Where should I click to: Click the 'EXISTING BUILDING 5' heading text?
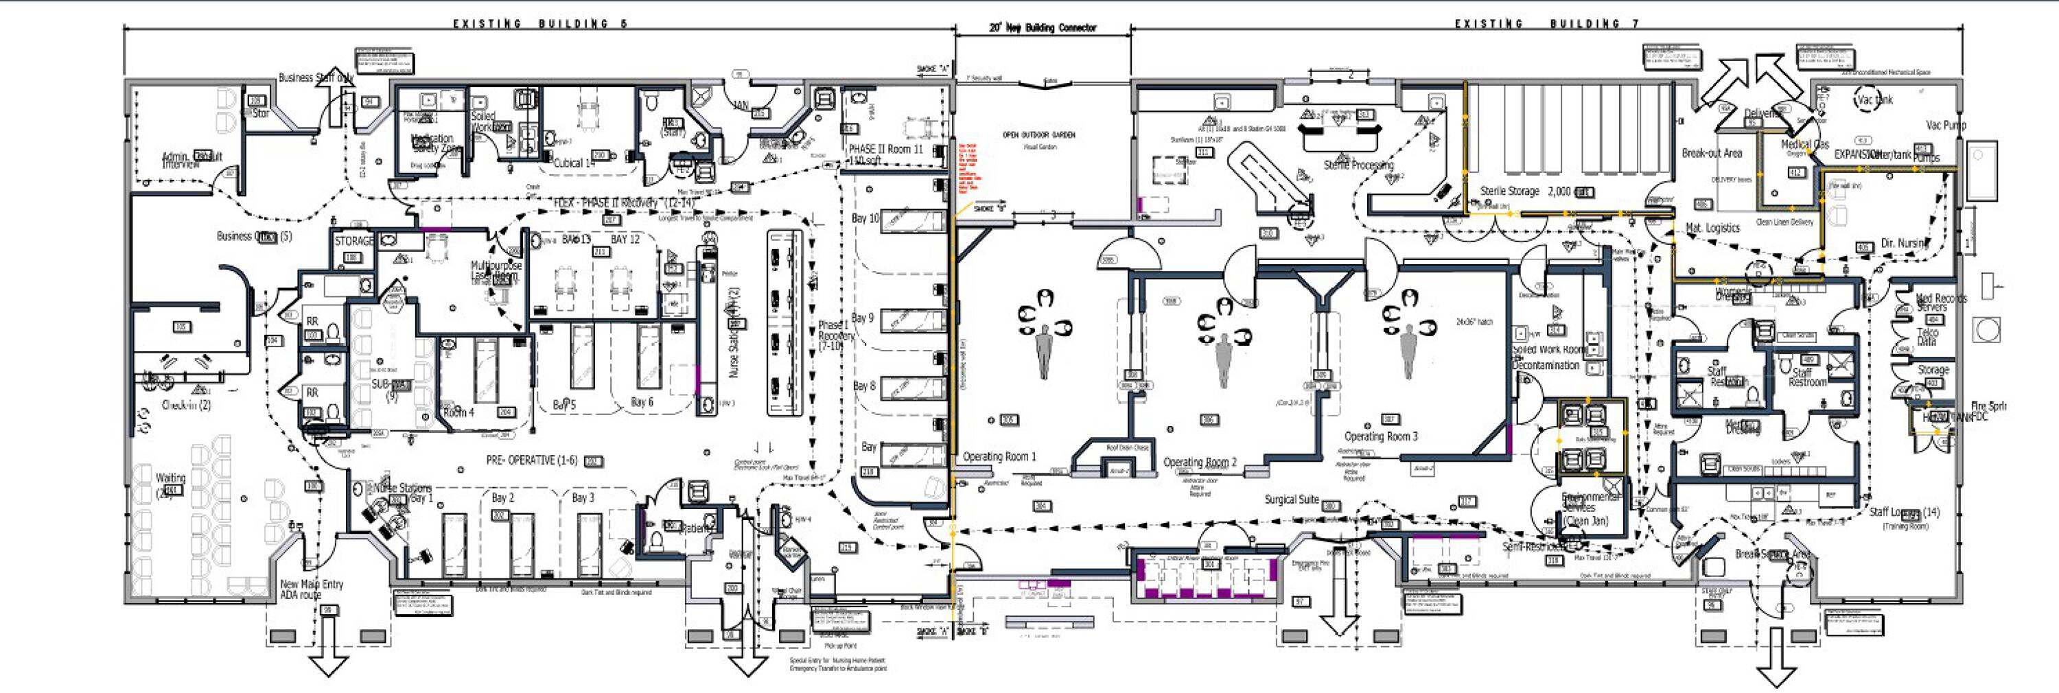(540, 24)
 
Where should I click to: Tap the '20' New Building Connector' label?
(1043, 27)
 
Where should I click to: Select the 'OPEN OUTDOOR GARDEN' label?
(1038, 135)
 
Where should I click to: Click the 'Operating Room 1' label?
(999, 456)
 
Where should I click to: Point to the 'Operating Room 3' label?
(1380, 436)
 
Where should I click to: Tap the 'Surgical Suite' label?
(1291, 500)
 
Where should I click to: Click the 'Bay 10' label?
(865, 218)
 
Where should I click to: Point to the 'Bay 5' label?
(563, 406)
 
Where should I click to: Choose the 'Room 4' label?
(458, 412)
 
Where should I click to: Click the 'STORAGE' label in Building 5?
(354, 241)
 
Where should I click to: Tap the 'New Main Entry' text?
(312, 585)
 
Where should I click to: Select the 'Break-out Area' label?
(1712, 154)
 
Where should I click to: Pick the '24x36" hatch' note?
(1474, 322)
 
